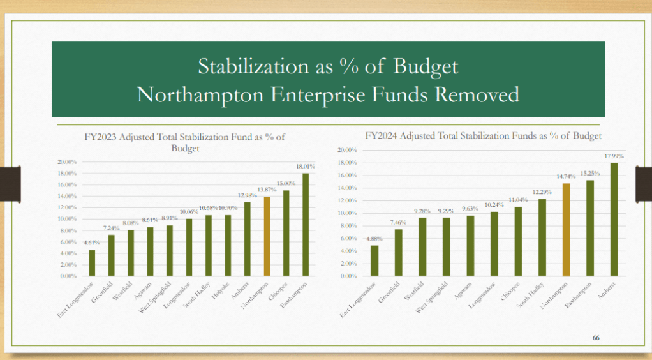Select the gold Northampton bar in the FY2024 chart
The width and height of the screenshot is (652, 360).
[x=565, y=230]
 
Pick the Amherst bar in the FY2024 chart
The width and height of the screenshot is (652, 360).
[x=614, y=220]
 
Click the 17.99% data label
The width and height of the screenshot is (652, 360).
[x=614, y=156]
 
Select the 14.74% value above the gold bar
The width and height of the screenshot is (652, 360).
[x=564, y=177]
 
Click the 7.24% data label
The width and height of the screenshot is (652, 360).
[x=110, y=229]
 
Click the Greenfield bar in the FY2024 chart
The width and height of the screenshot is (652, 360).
[x=399, y=253]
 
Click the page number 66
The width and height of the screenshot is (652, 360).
[x=597, y=337]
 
